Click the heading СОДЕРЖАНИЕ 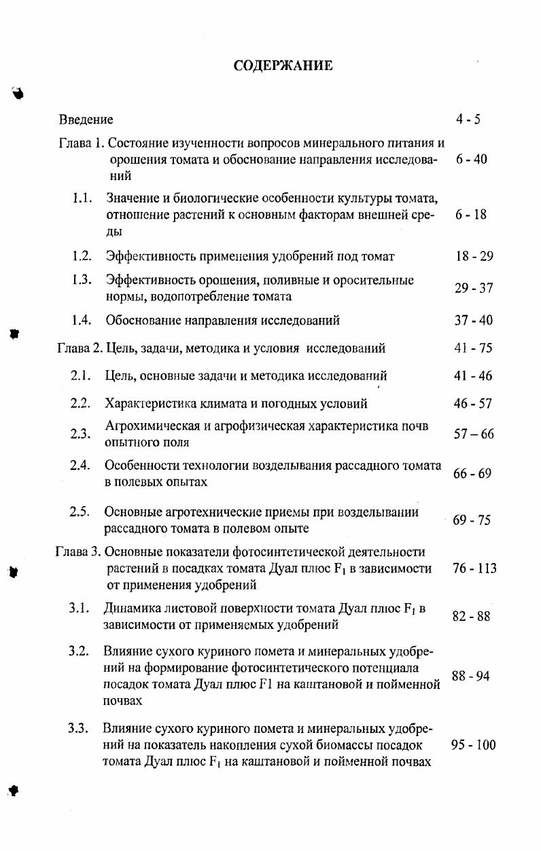(283, 65)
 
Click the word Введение (86, 120)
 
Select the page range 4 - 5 (468, 120)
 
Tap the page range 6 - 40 (472, 160)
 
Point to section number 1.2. (82, 256)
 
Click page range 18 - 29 (474, 256)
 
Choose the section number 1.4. (82, 320)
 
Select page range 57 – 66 (474, 434)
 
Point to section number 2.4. (80, 465)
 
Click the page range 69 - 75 (472, 520)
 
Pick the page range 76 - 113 (474, 568)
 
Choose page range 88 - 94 (470, 676)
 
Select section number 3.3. (79, 729)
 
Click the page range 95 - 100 (473, 745)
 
